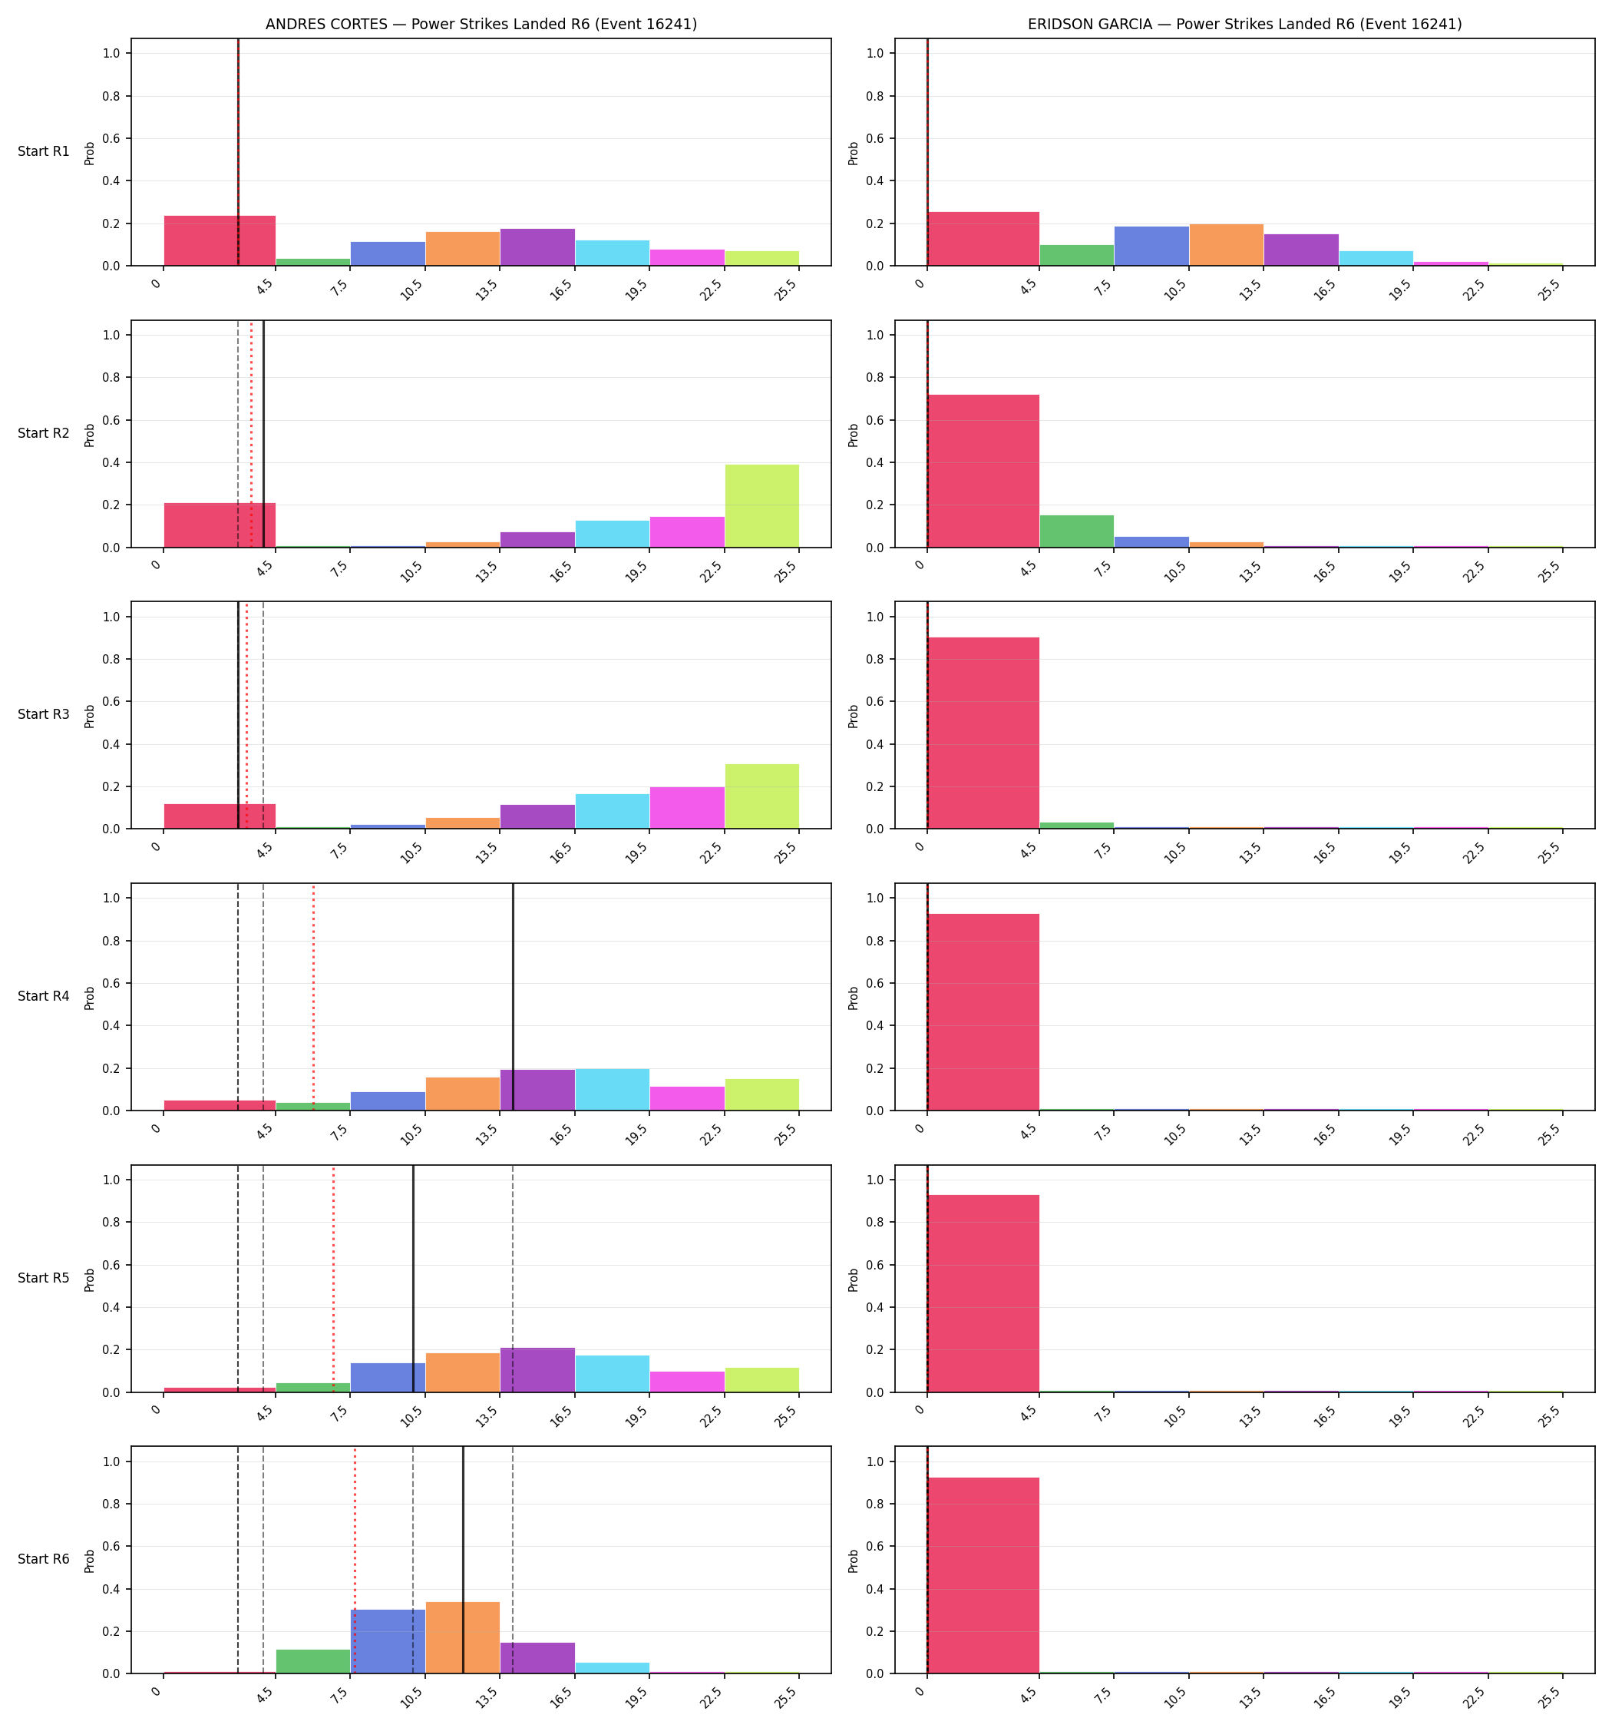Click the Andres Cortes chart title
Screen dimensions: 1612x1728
[481, 25]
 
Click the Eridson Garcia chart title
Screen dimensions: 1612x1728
[1244, 25]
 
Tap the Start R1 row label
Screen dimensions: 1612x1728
[44, 151]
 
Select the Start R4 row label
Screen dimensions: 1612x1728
[44, 996]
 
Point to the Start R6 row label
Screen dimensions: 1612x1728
[44, 1559]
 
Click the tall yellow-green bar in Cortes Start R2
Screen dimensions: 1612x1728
[762, 506]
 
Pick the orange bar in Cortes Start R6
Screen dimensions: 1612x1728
[462, 1637]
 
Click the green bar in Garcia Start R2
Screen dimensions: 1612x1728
[1077, 531]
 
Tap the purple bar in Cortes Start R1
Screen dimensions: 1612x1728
[537, 247]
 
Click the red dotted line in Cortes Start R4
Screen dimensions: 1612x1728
[314, 997]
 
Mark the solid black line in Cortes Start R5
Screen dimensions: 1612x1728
[413, 1279]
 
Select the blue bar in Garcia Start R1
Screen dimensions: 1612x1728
[1151, 246]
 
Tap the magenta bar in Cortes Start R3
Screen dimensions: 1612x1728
[686, 807]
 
